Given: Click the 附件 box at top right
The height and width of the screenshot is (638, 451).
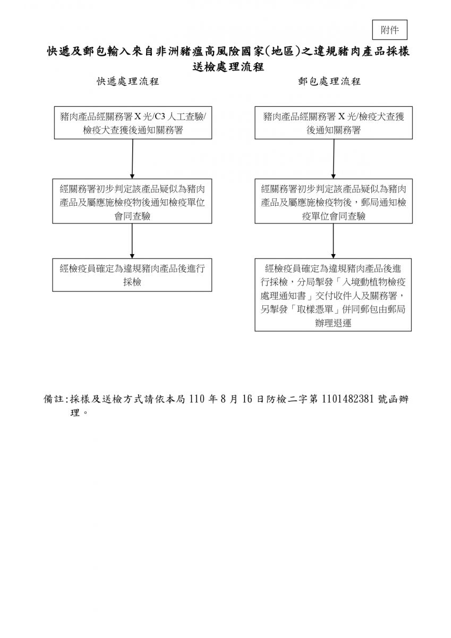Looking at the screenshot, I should [390, 30].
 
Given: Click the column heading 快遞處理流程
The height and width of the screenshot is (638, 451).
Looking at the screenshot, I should [127, 81].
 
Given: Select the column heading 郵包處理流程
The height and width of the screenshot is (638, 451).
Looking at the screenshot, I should [329, 81].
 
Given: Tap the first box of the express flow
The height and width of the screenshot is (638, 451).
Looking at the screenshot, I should [132, 123].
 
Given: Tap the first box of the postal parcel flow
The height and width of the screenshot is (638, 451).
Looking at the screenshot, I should [334, 123].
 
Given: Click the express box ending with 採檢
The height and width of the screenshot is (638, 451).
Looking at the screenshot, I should [132, 275].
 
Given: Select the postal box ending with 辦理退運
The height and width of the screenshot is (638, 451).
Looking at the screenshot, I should [333, 295].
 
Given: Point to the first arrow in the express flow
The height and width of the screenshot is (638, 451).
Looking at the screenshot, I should [132, 158].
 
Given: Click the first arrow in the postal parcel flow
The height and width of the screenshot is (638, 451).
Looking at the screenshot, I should [334, 158].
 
